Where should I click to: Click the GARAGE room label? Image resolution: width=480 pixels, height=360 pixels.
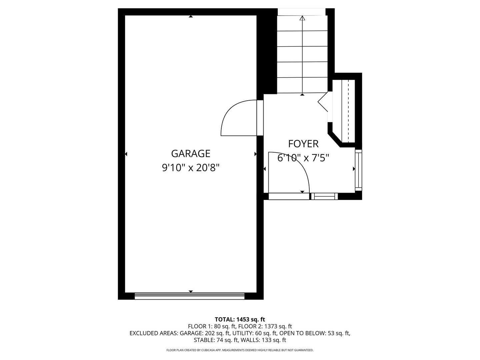(x=190, y=153)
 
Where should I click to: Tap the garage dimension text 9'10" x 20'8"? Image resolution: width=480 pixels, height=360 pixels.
(x=190, y=168)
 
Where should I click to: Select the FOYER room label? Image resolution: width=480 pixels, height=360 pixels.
(x=303, y=144)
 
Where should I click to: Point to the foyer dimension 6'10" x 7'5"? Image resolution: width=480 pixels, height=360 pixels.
(x=303, y=158)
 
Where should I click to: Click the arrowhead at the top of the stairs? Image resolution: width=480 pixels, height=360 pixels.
(x=302, y=18)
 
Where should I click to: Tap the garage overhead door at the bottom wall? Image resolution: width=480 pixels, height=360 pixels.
(x=189, y=296)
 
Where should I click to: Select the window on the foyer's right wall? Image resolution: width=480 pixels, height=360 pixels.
(x=358, y=170)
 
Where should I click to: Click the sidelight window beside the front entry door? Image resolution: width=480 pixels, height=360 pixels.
(x=324, y=196)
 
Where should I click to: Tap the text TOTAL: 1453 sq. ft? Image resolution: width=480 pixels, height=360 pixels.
(x=240, y=319)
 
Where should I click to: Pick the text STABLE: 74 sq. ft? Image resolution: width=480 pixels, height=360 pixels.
(x=216, y=340)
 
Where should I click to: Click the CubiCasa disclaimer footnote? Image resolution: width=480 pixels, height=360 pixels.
(x=240, y=350)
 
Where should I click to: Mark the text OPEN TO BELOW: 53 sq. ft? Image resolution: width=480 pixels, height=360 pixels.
(x=314, y=333)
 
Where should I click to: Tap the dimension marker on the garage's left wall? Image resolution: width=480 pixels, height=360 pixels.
(x=126, y=154)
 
